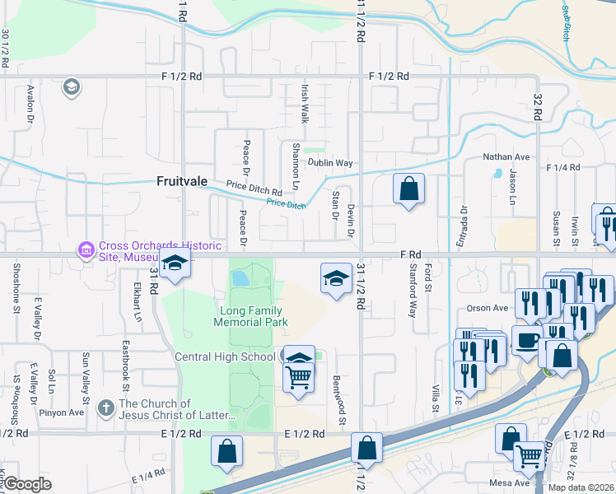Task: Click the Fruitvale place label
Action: (x=182, y=183)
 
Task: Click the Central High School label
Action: (x=224, y=357)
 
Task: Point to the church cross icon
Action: (x=105, y=408)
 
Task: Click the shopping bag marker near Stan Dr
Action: (x=408, y=189)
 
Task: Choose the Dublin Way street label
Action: (x=330, y=163)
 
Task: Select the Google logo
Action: (x=27, y=484)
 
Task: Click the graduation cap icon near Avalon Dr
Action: (x=72, y=87)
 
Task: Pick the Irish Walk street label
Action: (x=305, y=106)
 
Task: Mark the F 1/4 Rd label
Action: (x=563, y=167)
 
